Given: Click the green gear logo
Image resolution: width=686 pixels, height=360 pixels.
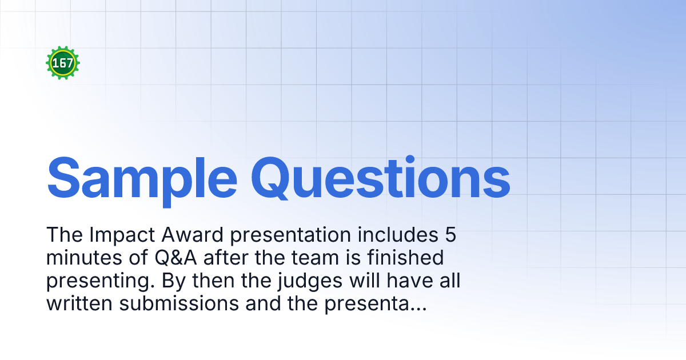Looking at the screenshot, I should pos(63,63).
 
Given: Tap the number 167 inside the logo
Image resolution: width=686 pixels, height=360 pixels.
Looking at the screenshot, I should pos(63,63).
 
